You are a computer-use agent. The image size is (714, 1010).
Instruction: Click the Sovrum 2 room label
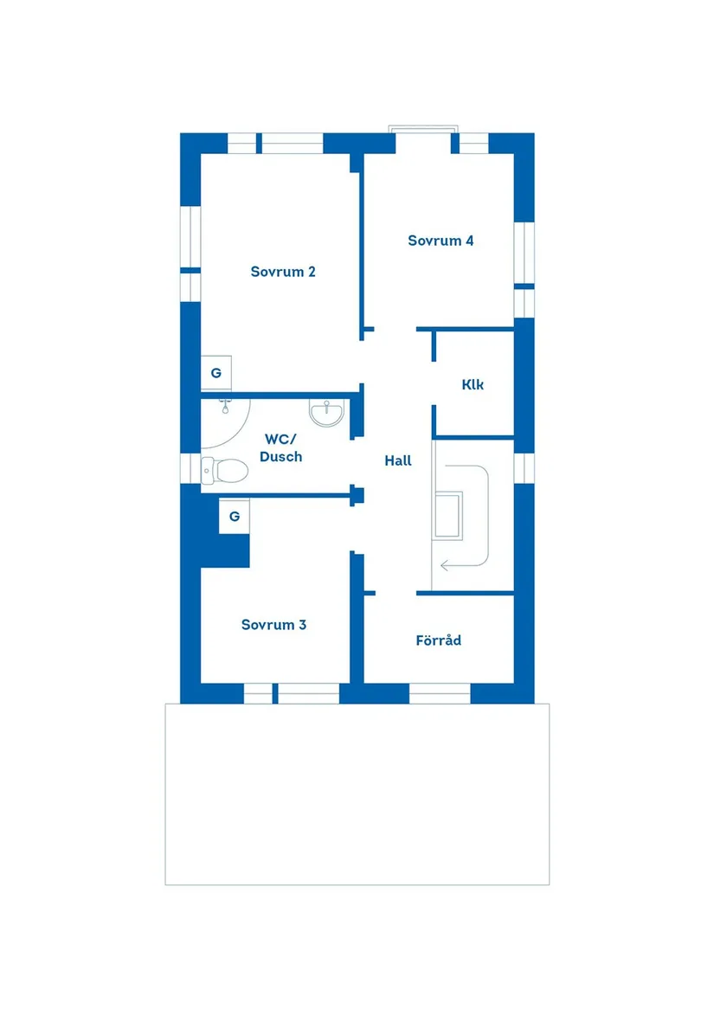(283, 272)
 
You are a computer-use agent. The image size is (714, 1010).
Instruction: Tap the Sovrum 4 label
(441, 241)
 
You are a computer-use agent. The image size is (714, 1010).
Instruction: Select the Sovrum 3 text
(273, 625)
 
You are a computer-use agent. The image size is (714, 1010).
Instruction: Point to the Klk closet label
(473, 385)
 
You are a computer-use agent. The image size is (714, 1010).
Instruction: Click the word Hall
(398, 461)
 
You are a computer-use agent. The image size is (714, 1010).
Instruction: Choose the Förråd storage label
(438, 641)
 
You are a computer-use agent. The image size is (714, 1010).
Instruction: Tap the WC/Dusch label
(280, 448)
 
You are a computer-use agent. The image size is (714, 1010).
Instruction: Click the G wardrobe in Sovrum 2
(215, 373)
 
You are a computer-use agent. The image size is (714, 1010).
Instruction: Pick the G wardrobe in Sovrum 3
(234, 517)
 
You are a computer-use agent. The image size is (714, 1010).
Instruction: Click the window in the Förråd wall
(439, 693)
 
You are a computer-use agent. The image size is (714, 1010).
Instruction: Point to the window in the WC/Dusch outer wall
(190, 467)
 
